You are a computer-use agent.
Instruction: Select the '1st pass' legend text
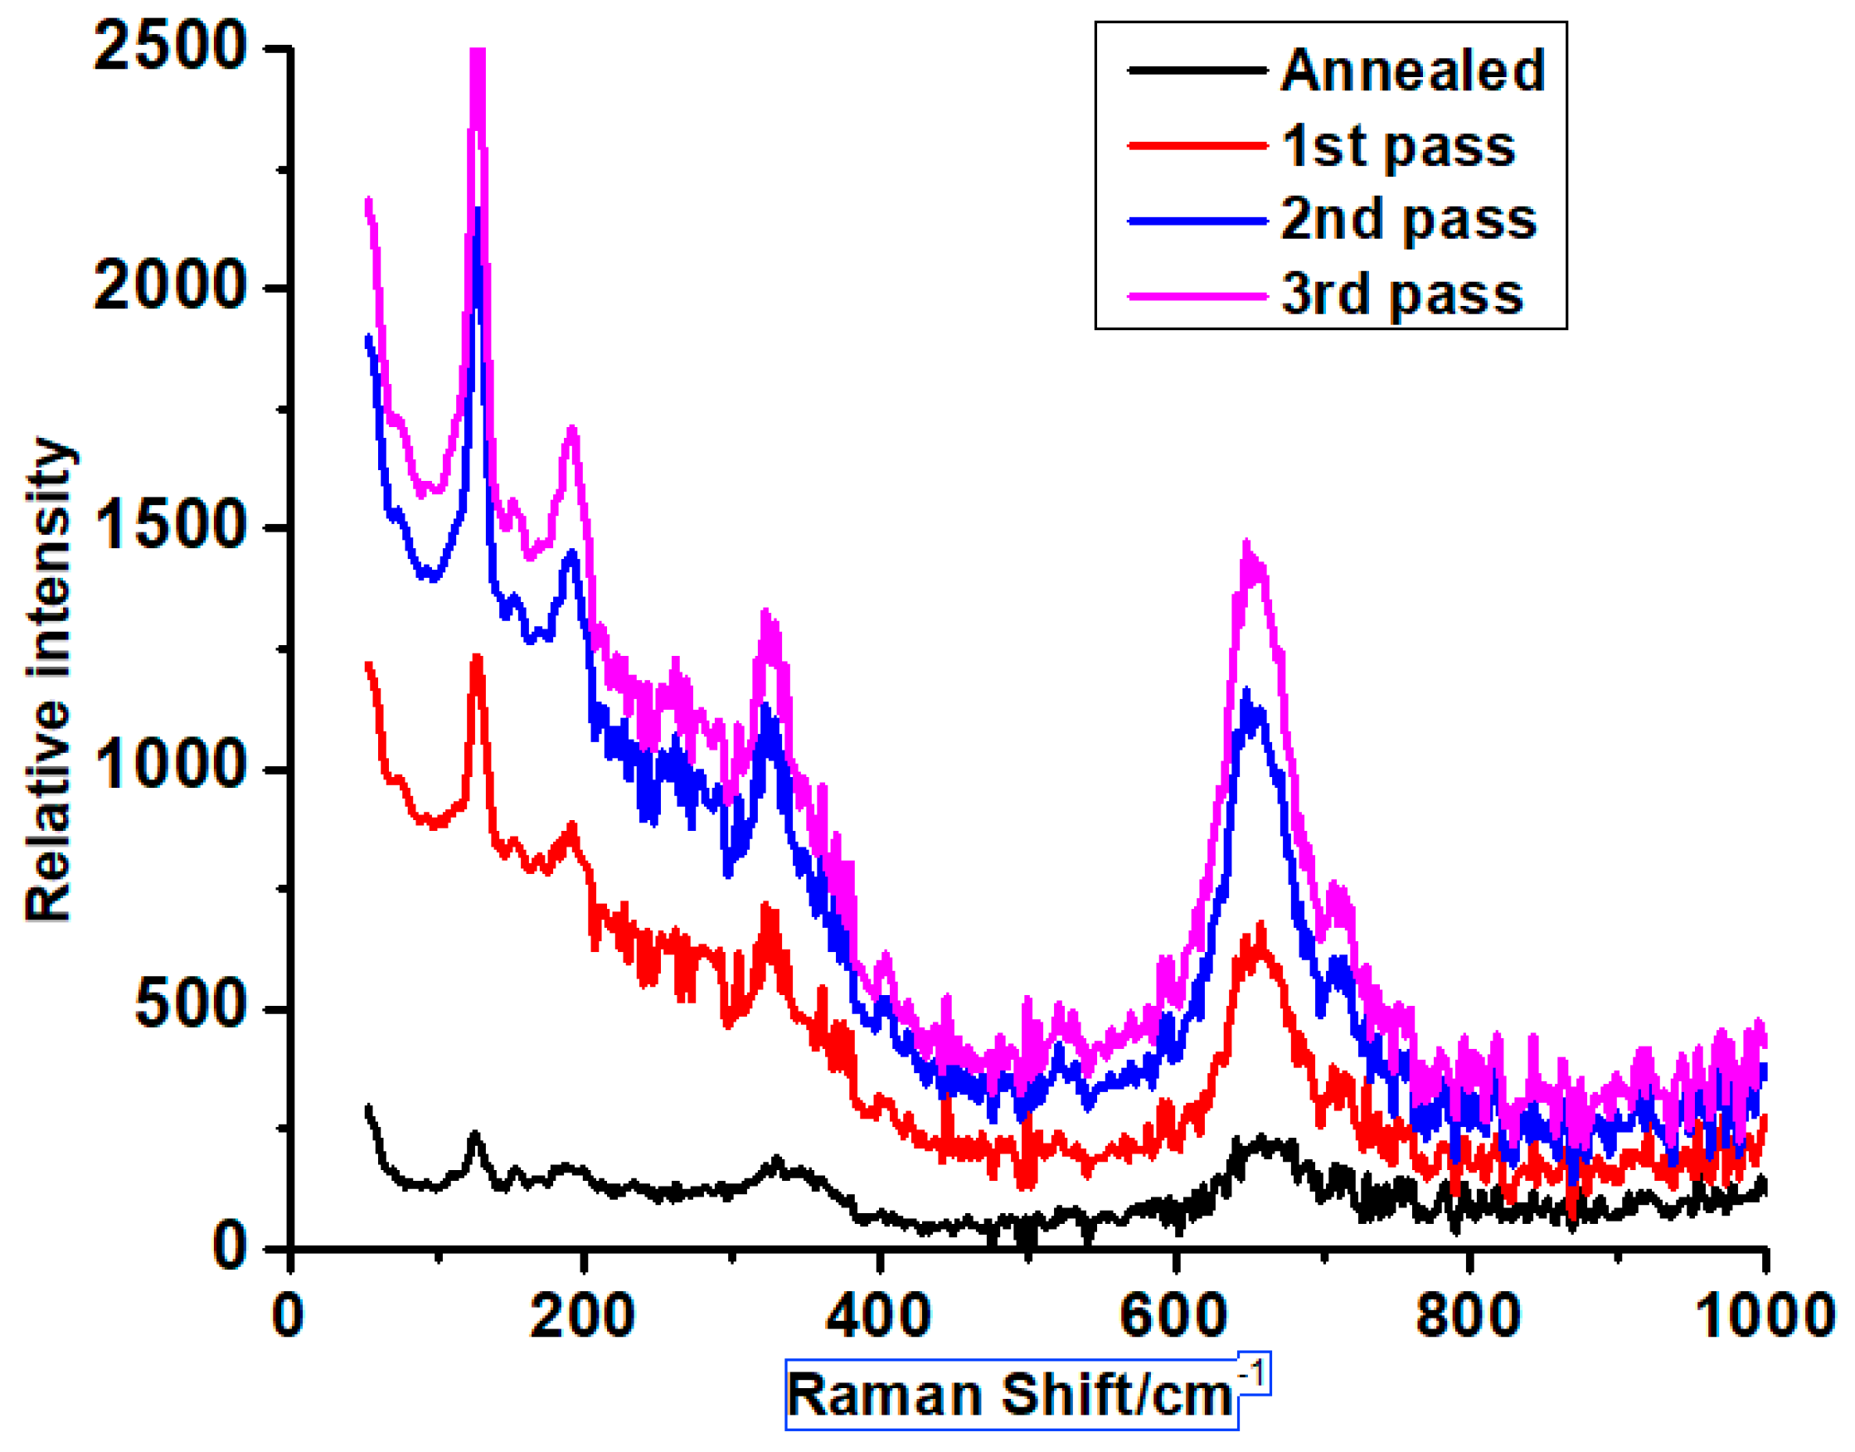click(1398, 145)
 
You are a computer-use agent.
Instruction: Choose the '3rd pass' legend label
click(1402, 294)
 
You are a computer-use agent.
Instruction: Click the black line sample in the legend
click(1197, 70)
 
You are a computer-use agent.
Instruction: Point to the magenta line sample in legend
click(1197, 296)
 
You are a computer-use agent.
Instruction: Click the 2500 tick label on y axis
click(170, 46)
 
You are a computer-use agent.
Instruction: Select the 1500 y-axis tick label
click(170, 527)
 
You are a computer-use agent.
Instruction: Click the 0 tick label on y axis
click(231, 1248)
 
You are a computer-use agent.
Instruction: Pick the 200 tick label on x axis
click(582, 1316)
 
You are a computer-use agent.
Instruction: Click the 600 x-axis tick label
click(1173, 1316)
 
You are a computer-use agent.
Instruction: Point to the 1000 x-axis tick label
click(1763, 1316)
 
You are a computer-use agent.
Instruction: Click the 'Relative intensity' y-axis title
click(48, 680)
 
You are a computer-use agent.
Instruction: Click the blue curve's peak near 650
click(1246, 693)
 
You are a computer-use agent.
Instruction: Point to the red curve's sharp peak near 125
click(476, 657)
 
